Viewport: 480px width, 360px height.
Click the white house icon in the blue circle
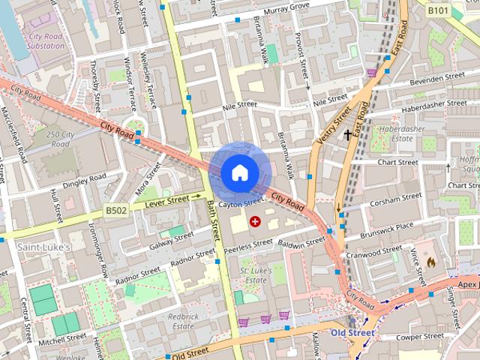click(238, 172)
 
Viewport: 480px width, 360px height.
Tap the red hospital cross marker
click(255, 221)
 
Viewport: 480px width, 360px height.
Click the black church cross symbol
click(348, 136)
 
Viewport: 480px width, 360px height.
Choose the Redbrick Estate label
click(183, 321)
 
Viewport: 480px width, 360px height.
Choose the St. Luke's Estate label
click(253, 274)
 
